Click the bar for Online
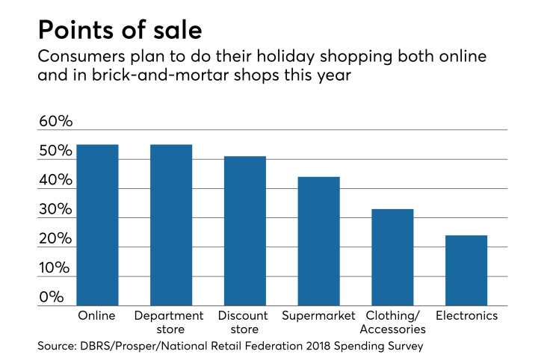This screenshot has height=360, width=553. [x=97, y=225]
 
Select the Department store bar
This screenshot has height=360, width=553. [x=171, y=225]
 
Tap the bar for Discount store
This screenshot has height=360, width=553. [x=245, y=231]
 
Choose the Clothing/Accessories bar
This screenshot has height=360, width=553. [x=392, y=257]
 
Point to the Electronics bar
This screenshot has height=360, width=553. [x=466, y=270]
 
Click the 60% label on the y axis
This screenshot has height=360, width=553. [x=56, y=122]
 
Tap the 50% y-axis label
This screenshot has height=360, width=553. [x=56, y=152]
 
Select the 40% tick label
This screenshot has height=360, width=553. [x=56, y=181]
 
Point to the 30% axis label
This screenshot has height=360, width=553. [x=56, y=210]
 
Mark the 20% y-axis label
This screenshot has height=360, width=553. [x=56, y=239]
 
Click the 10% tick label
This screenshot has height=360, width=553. [x=56, y=268]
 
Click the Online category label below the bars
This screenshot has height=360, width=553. [x=97, y=316]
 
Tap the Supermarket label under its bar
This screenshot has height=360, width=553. [x=319, y=316]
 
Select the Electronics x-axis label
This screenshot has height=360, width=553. [x=466, y=316]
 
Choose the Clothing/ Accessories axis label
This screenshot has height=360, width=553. [x=392, y=322]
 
